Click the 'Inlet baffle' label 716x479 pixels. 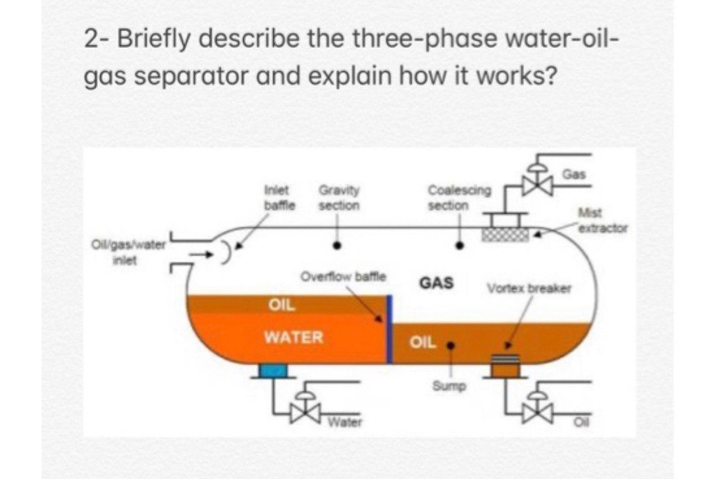click(280, 197)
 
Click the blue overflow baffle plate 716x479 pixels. click(389, 329)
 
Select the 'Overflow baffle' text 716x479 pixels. click(344, 276)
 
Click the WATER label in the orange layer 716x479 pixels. click(293, 336)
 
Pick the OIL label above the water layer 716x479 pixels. click(282, 305)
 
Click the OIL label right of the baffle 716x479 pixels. click(423, 342)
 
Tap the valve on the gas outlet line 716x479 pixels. click(537, 184)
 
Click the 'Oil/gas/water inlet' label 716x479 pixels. click(128, 253)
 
